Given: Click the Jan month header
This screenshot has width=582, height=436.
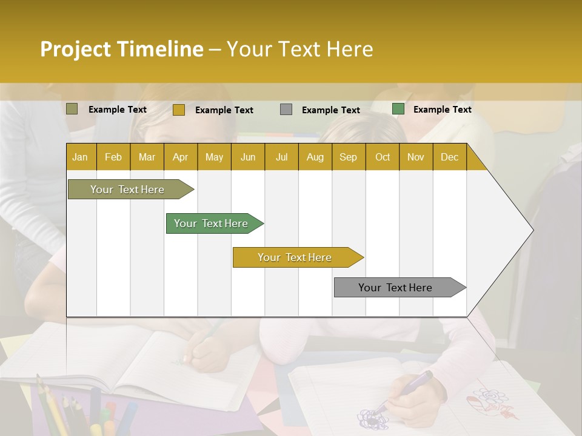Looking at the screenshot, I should coord(80,157).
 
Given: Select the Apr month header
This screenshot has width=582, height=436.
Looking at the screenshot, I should coord(180,157).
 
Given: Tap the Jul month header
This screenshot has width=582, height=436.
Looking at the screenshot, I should coord(281,157).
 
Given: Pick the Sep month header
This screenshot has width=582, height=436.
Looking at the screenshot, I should coord(348,157).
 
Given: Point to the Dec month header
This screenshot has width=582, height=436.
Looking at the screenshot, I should coord(449,157).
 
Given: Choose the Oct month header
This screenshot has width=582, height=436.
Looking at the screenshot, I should coord(382,157).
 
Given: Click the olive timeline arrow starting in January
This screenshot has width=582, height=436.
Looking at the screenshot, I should coord(127,190).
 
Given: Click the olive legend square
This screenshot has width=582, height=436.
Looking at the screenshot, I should coord(72,109).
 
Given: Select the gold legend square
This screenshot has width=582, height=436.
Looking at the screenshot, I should coord(178,110).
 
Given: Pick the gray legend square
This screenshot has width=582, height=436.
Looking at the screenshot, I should coord(286,110).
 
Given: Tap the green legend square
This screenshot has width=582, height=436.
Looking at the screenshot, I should coord(398,109).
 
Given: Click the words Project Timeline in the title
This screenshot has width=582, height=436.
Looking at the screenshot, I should coord(121,49).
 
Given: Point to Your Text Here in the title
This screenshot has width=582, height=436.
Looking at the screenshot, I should coord(299,49).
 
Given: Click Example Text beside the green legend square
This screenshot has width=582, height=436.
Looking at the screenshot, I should coord(442,110).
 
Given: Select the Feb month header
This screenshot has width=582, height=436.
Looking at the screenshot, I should coord(113,157).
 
